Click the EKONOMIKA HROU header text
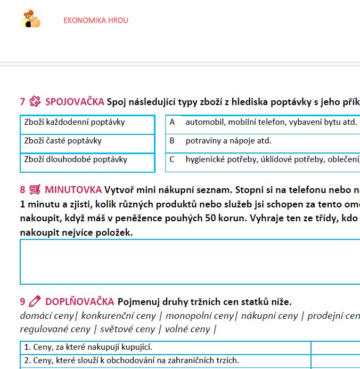tap(96, 20)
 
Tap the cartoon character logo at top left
tap(31, 19)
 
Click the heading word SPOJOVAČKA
tap(74, 101)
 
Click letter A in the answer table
tap(172, 122)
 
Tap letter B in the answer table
tap(172, 141)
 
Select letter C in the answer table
tap(172, 159)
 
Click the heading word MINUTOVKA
tap(73, 189)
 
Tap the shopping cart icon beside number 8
tap(35, 189)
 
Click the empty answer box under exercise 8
tap(189, 262)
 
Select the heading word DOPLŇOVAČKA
tap(79, 301)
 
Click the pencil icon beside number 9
tap(35, 301)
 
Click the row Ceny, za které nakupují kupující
tap(88, 347)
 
